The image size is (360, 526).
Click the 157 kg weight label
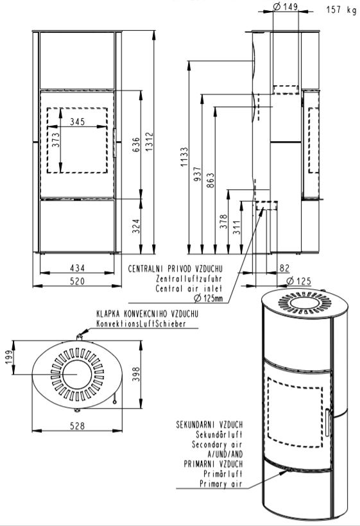[x=341, y=10]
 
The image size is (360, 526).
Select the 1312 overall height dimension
[x=149, y=141]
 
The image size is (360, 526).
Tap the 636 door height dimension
[x=136, y=144]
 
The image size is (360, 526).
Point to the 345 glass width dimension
[x=78, y=121]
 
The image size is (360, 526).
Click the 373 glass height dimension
[x=55, y=140]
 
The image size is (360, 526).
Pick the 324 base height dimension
[x=135, y=227]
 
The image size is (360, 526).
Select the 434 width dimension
[x=78, y=267]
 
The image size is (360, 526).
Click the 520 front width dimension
[x=78, y=281]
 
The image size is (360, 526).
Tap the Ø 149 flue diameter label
[x=285, y=6]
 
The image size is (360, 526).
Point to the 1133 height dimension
[x=184, y=157]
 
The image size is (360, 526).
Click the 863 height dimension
[x=210, y=180]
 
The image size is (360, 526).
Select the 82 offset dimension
[x=284, y=268]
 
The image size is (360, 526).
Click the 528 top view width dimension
[x=78, y=426]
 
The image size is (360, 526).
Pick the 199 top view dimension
[x=8, y=357]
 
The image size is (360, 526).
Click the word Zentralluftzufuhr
[x=189, y=278]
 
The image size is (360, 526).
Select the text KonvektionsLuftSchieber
[x=141, y=324]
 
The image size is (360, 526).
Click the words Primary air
[x=221, y=484]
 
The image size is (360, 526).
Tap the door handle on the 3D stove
[x=327, y=422]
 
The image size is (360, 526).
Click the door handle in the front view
[x=115, y=142]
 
